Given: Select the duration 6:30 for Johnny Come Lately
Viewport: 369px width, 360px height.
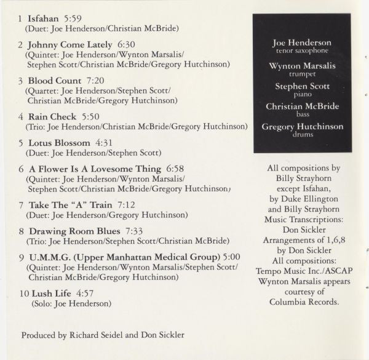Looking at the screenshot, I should click(x=125, y=45).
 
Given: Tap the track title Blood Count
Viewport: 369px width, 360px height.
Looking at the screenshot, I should click(x=54, y=81).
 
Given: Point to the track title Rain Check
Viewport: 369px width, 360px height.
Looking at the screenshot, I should click(x=52, y=116).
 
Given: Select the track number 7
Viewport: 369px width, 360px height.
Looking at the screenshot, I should click(x=22, y=204).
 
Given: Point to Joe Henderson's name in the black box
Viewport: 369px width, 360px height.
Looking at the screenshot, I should click(x=302, y=43).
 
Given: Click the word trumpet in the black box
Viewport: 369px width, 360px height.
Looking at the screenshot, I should click(x=302, y=74).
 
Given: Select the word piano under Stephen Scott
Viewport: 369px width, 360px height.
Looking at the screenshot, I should click(x=302, y=95).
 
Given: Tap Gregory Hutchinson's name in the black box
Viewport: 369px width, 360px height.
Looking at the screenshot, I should click(x=302, y=127).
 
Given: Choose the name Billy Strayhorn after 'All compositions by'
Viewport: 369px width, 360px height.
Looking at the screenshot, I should click(x=301, y=178).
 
